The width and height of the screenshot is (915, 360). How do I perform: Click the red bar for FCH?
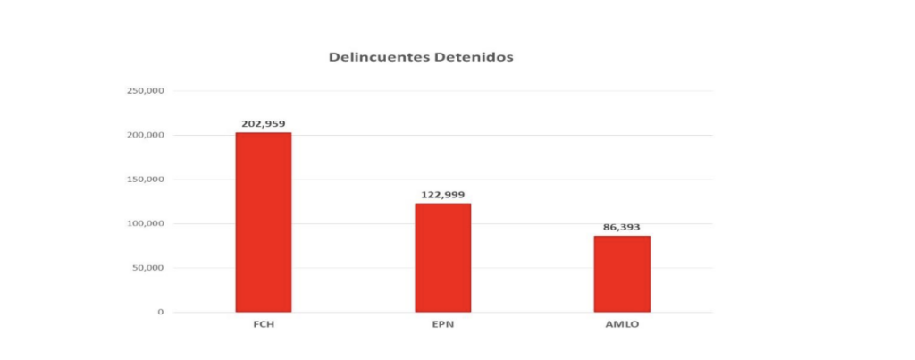(x=263, y=222)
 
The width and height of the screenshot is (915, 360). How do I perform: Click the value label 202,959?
(x=263, y=123)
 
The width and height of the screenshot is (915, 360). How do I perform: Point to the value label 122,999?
(x=442, y=194)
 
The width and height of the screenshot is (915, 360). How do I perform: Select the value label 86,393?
(x=622, y=227)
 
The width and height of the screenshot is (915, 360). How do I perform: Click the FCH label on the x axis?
(x=263, y=325)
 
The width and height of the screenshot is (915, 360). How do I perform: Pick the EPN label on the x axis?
(x=442, y=325)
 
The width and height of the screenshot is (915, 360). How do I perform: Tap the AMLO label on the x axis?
(x=622, y=325)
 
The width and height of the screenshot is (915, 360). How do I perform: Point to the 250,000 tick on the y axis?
(x=145, y=91)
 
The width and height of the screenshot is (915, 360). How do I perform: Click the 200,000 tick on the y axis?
(x=145, y=135)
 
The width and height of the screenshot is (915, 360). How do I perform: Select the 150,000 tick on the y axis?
(x=145, y=180)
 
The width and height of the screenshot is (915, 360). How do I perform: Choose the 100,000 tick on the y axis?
(x=145, y=223)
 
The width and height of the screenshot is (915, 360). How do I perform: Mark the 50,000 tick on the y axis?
(x=147, y=268)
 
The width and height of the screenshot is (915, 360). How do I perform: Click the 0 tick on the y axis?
(x=161, y=312)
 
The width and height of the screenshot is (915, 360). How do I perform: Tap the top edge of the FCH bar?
(x=263, y=133)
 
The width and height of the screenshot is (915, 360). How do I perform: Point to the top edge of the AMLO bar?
(x=622, y=236)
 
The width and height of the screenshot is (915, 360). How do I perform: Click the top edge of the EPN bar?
(x=442, y=204)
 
